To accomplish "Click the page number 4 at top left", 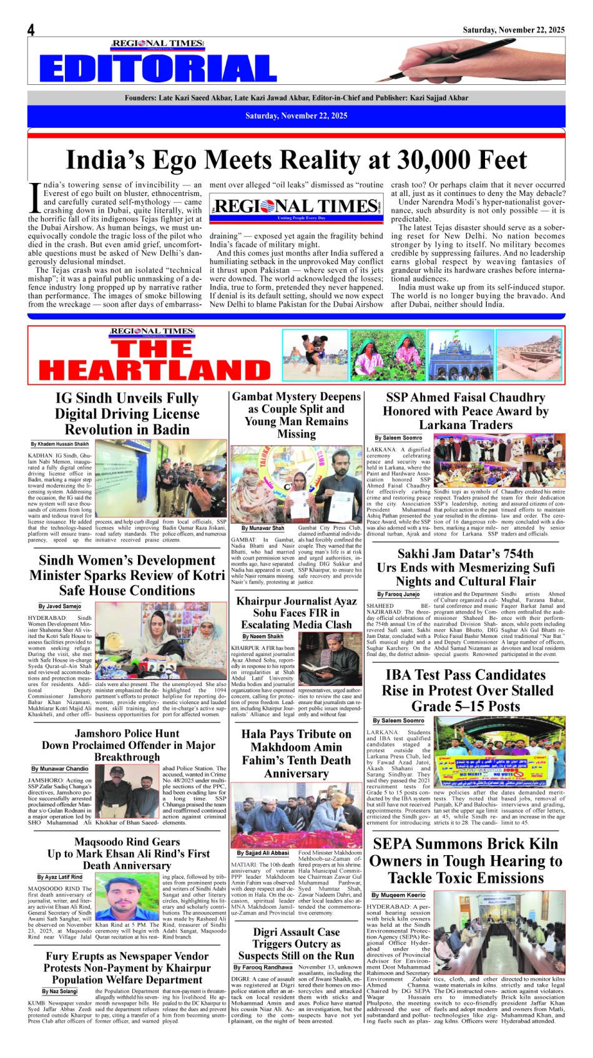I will pos(31,30).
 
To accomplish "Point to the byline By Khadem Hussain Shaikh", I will pos(60,444).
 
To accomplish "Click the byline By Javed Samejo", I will pos(59,606).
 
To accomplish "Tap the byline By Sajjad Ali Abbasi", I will pos(263,853).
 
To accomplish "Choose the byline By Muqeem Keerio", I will pos(398,895).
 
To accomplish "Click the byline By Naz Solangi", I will pos(60,991).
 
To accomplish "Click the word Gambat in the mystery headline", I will pos(253,396).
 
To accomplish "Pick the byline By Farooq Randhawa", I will pos(263,967).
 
